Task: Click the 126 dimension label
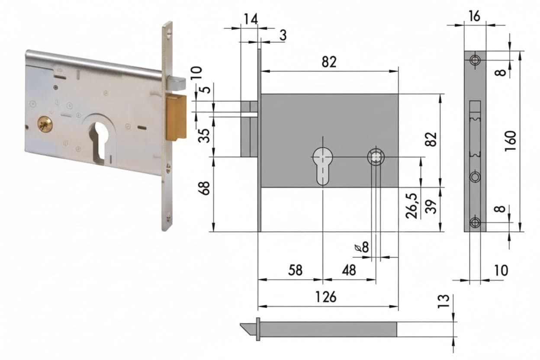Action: point(325,297)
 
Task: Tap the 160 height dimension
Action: point(511,141)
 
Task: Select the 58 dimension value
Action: point(295,270)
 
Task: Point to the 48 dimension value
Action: point(349,270)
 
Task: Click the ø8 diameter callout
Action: point(362,247)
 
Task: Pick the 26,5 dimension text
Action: point(411,206)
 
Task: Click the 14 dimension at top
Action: point(251,19)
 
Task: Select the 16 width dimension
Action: point(475,16)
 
